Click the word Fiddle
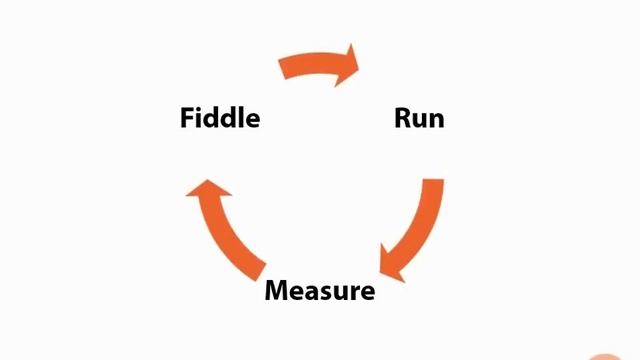pos(220,118)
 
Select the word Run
pos(419,118)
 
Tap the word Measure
pos(319,291)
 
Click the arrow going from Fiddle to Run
pos(318,64)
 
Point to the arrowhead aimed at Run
pos(349,63)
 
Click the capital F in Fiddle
pos(187,118)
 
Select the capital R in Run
pos(402,118)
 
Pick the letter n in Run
pos(436,120)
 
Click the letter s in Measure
pos(325,293)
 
